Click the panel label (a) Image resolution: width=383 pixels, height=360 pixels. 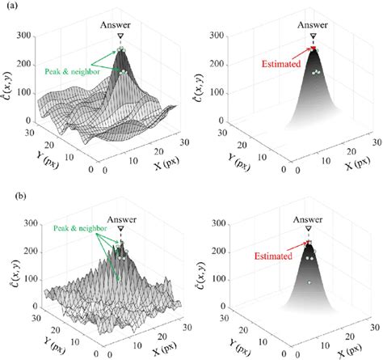point(12,6)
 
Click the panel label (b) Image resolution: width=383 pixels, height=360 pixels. point(20,196)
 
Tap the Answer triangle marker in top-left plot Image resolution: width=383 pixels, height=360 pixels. point(120,36)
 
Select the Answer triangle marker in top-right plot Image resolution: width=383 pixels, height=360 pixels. point(313,36)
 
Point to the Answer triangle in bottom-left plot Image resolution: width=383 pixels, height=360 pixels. point(121,229)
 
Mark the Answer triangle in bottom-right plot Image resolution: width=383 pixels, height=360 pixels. point(309,229)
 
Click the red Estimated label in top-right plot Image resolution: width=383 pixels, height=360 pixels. point(281,64)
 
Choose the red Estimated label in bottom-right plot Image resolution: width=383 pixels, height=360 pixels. point(273,256)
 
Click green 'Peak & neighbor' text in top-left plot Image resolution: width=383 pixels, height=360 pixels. point(72,72)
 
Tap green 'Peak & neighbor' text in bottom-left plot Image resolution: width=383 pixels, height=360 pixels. point(80,228)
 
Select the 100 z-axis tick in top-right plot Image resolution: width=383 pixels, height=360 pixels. point(217,92)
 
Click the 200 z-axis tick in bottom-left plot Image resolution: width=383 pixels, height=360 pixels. point(31,252)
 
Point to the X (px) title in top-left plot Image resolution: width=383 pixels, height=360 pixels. point(166,163)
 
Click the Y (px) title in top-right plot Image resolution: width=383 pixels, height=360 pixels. point(238,162)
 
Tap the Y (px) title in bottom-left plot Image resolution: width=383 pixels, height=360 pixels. point(54,345)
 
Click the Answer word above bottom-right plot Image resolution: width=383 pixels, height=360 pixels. point(308,219)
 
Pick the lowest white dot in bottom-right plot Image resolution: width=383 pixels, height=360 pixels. point(309,282)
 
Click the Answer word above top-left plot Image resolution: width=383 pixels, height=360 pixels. point(116,25)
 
